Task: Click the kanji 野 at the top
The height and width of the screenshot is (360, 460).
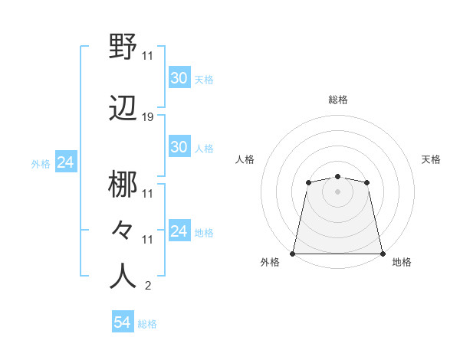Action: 123,47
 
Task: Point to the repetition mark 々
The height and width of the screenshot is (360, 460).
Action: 123,230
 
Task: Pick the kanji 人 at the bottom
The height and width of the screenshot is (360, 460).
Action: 123,276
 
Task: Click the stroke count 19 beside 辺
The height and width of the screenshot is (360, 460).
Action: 148,117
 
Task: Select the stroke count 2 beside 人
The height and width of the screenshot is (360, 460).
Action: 147,286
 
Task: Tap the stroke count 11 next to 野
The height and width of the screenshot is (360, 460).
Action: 148,55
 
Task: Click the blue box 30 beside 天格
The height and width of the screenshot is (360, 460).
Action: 179,78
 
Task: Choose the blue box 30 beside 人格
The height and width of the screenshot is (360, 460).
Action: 179,147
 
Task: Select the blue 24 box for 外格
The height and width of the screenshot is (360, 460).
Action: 65,162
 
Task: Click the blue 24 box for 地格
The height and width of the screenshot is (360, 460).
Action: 179,231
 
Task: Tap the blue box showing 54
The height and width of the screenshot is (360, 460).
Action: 123,322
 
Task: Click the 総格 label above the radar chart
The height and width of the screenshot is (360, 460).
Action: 338,100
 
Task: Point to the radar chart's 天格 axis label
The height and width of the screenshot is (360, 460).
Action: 431,159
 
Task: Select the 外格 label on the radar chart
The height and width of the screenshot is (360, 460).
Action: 270,262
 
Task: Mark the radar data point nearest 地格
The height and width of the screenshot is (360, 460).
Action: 383,253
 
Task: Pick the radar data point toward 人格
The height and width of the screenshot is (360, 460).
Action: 309,182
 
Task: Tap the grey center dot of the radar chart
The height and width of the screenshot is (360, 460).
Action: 338,191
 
